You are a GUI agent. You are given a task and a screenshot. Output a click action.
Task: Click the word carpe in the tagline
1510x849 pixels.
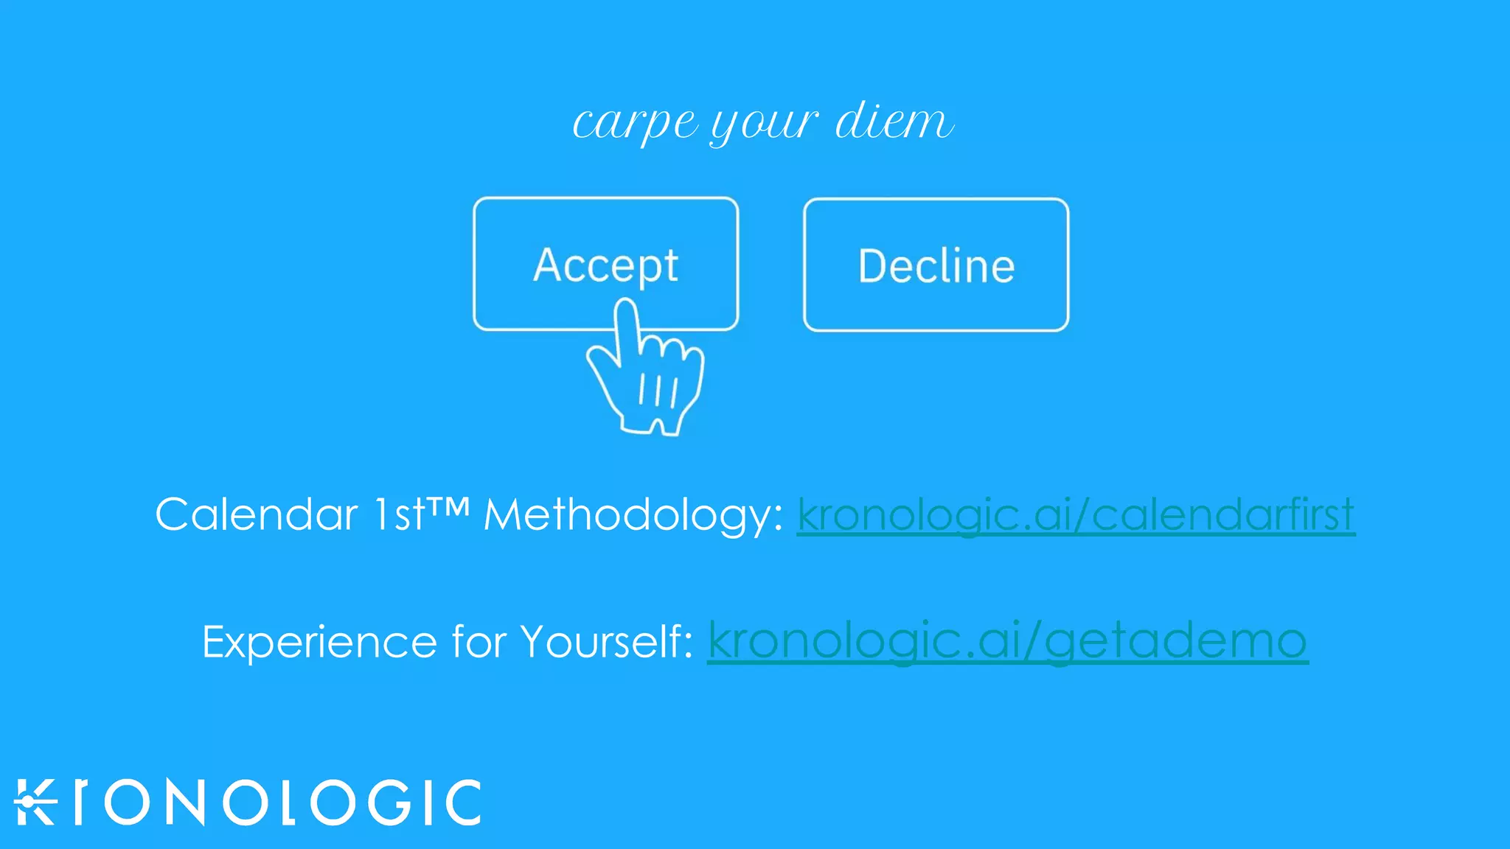(634, 122)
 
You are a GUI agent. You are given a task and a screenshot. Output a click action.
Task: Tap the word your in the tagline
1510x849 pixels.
(764, 124)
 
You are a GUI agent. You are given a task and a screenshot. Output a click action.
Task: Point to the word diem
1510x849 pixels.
(894, 120)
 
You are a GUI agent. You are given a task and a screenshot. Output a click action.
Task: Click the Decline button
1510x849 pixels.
(936, 265)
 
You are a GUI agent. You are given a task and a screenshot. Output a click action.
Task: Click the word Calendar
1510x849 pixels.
(256, 514)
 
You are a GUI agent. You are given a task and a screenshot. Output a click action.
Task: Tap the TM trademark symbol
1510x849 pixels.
(448, 507)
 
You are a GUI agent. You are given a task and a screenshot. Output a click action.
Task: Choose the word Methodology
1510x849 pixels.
(633, 515)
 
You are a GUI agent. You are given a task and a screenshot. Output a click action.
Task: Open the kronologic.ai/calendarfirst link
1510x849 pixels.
(1076, 515)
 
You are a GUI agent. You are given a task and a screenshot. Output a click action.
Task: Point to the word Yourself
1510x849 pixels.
(606, 641)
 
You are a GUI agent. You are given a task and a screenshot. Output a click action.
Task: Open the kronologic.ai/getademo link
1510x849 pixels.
(1007, 641)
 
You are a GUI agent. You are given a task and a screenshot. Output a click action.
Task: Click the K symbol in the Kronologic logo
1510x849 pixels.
(35, 802)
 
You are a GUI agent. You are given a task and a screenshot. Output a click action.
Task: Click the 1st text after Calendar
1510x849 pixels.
(399, 514)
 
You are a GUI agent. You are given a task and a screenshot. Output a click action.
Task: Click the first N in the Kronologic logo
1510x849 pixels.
(185, 802)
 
